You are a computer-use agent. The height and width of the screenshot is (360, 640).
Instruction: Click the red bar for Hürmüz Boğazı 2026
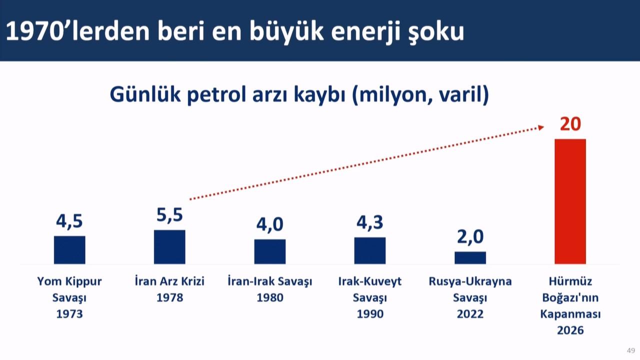[570, 201]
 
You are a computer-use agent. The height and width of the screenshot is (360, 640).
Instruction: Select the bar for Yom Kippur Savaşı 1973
[69, 249]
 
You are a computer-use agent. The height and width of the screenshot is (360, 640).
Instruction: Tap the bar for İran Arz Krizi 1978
[169, 246]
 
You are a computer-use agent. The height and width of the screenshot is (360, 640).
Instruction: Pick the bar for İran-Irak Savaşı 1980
[269, 251]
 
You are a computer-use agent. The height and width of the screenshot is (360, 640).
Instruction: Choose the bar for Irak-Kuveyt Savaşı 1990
[370, 250]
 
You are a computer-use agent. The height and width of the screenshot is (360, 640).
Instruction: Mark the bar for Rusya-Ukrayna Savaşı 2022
[470, 257]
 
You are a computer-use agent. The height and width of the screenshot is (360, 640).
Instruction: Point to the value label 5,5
[169, 215]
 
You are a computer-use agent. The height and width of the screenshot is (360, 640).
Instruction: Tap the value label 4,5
[69, 221]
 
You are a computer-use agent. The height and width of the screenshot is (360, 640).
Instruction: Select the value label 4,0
[269, 225]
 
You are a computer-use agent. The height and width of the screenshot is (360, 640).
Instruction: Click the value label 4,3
[370, 222]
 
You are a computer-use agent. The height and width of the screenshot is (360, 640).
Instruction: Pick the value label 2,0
[470, 237]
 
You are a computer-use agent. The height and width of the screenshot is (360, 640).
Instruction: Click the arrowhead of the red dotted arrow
[540, 128]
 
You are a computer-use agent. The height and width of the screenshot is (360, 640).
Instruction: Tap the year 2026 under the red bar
[570, 330]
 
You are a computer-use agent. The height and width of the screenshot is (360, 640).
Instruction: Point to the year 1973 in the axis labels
[69, 314]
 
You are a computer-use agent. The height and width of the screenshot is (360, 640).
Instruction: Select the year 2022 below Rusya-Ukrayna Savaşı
[470, 314]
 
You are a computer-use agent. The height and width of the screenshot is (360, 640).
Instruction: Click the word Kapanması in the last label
[570, 314]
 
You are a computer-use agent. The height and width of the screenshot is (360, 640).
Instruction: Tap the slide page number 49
[631, 350]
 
